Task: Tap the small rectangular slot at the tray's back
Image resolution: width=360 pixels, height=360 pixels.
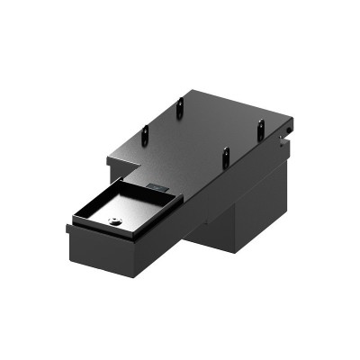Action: click(x=154, y=186)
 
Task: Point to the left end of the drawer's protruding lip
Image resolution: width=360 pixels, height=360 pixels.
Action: click(x=69, y=229)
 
